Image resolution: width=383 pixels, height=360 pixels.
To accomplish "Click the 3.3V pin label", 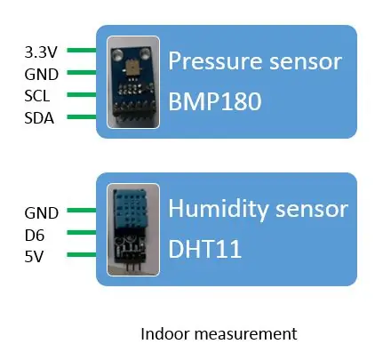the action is click(41, 52).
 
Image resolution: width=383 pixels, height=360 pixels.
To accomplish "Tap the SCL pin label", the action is click(37, 96).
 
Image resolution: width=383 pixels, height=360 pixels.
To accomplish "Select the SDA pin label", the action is click(39, 118).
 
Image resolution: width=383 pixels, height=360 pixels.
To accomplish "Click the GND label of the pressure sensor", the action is click(42, 75).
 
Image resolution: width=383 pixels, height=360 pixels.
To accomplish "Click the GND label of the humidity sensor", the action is click(42, 213).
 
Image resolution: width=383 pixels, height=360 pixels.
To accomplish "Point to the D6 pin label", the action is click(35, 236).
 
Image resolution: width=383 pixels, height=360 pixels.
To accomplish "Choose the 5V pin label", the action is click(34, 257).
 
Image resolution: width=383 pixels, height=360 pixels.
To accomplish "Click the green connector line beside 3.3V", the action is click(82, 50).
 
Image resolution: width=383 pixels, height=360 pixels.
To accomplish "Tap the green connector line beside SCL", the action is click(82, 94).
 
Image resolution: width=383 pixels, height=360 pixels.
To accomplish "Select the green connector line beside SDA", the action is click(82, 116).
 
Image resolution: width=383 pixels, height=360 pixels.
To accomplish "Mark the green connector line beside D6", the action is click(82, 232).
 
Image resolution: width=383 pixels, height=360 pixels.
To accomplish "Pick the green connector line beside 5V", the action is click(82, 254).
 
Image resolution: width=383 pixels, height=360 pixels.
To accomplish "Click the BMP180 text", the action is click(215, 101).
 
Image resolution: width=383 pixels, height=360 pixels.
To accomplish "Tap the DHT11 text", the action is click(204, 249).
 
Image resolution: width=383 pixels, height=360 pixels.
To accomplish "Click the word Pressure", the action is click(215, 61).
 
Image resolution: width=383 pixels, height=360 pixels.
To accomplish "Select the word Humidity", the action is click(218, 210).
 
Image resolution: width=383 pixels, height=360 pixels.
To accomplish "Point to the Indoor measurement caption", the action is click(219, 334).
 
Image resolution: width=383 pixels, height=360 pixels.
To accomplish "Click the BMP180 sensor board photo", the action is click(133, 83).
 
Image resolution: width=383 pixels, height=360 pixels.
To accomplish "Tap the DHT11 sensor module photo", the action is click(133, 230).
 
